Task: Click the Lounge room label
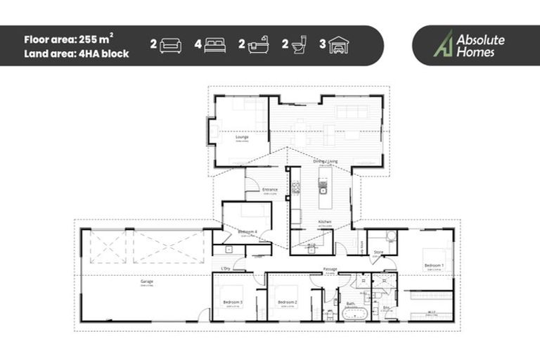point(242,137)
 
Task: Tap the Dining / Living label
point(325,161)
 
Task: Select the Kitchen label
point(324,221)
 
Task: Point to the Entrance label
point(270,189)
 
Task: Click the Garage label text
point(146,281)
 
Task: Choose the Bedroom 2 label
point(287,302)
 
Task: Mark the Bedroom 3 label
point(233,302)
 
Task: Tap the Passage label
point(330,269)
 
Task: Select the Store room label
point(378,251)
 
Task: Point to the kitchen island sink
point(323,188)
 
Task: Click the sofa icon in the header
point(170,46)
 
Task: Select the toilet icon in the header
point(299,46)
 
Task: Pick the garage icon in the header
point(340,46)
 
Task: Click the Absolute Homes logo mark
point(443,44)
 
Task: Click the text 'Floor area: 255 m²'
point(68,39)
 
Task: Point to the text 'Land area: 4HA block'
point(76,53)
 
